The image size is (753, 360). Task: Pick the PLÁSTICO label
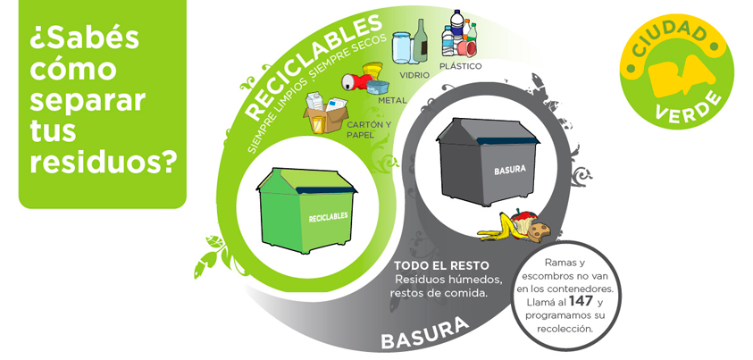point(461,66)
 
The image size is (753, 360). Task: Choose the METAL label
point(392,100)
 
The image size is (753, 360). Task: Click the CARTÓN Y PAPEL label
point(368,130)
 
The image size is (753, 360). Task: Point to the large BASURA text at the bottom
point(424,335)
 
